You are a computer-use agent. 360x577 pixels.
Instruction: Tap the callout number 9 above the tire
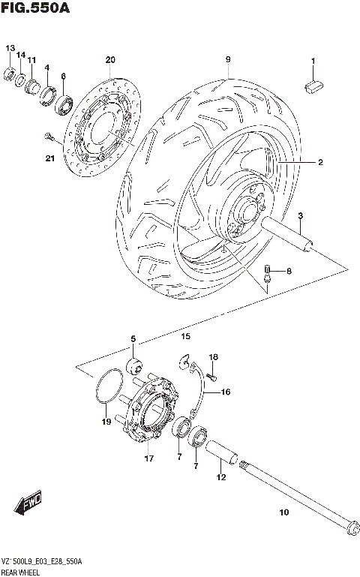(x=226, y=59)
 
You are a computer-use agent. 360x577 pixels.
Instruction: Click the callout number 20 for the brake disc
(x=110, y=59)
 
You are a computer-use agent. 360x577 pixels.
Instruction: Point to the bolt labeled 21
(x=49, y=136)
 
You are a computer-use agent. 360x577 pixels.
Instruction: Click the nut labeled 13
(x=10, y=73)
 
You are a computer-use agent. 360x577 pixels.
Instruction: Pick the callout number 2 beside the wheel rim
(x=320, y=161)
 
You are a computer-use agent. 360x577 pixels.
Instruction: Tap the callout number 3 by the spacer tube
(x=299, y=216)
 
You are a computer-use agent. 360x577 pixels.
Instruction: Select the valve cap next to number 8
(x=265, y=269)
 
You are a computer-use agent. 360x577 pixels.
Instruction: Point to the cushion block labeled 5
(x=134, y=366)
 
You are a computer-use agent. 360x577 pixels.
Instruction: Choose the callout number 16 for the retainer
(x=225, y=392)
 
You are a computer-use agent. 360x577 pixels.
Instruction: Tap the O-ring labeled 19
(x=107, y=387)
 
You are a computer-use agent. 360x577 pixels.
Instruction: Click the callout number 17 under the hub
(x=148, y=458)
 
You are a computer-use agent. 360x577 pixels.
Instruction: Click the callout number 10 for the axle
(x=283, y=513)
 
